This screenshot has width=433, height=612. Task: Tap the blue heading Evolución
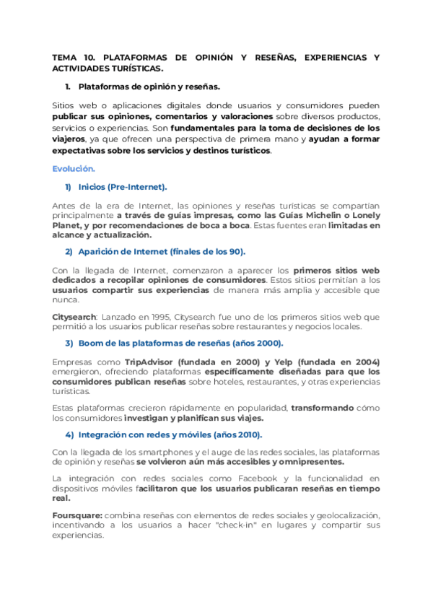pyautogui.click(x=74, y=169)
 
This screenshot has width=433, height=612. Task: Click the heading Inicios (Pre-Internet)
pyautogui.click(x=122, y=188)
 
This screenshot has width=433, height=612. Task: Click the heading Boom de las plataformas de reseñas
pyautogui.click(x=180, y=344)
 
